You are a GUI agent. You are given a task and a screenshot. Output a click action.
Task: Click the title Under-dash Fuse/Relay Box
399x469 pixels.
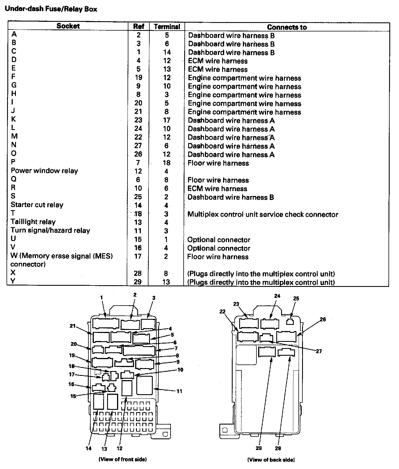(x=51, y=9)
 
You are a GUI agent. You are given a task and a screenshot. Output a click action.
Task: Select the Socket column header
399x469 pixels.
(x=68, y=26)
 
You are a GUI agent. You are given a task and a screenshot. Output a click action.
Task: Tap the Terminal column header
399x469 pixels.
(x=167, y=27)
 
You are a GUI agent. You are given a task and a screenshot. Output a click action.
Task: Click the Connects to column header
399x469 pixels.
(x=287, y=27)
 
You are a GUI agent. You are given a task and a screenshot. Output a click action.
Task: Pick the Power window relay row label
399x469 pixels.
(x=44, y=171)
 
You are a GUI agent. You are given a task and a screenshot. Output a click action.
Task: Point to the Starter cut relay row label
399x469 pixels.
(x=37, y=205)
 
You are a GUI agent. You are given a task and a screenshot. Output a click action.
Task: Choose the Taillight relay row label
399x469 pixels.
(x=33, y=222)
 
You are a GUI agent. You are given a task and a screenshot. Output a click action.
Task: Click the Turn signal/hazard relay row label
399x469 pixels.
(x=50, y=230)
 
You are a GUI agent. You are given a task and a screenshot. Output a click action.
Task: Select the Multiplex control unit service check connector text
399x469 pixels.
(x=263, y=214)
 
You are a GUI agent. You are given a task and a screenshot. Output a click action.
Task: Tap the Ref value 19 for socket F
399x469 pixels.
(x=138, y=78)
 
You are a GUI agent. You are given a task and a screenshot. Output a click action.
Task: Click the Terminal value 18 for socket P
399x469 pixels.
(x=167, y=163)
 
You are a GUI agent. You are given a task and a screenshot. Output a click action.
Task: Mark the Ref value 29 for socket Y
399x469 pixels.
(x=138, y=282)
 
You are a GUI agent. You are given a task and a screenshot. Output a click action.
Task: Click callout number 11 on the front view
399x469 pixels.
(x=179, y=391)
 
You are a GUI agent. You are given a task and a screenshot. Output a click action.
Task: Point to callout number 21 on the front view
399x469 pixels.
(x=73, y=326)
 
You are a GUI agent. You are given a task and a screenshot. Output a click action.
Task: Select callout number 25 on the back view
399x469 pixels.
(x=296, y=299)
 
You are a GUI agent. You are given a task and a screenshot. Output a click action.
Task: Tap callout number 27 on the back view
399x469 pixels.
(x=319, y=351)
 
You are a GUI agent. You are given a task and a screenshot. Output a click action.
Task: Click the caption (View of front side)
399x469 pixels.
(x=122, y=459)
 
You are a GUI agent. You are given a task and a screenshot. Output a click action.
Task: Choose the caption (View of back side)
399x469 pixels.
(x=271, y=460)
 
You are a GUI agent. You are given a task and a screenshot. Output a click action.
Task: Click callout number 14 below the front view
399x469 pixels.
(x=89, y=448)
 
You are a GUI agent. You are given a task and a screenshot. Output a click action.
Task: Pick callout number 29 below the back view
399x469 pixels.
(x=259, y=448)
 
